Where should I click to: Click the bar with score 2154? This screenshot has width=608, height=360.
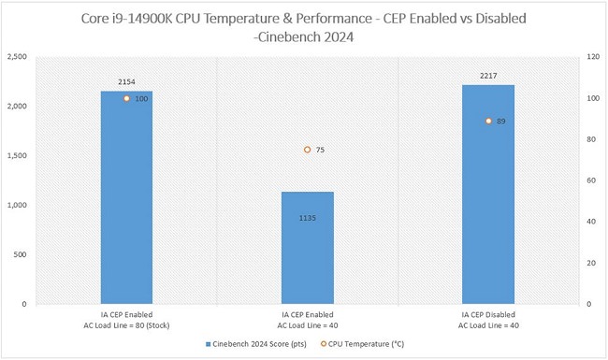126,197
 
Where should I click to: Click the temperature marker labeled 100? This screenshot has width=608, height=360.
127,98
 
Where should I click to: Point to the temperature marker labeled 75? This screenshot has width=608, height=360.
307,150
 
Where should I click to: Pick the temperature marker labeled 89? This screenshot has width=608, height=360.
488,121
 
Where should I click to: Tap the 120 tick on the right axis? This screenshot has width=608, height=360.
592,57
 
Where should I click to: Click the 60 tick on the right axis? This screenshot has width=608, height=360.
591,180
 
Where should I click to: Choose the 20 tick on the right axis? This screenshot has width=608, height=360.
591,263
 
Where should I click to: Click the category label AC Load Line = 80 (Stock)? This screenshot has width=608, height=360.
126,325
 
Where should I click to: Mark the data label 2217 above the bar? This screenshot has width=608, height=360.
488,77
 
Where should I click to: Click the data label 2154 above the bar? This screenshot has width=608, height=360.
126,82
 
